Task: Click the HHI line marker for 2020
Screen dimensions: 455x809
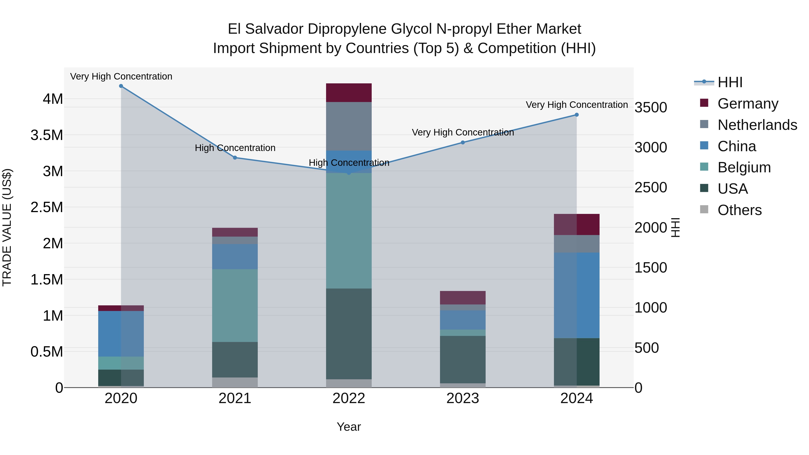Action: pyautogui.click(x=121, y=86)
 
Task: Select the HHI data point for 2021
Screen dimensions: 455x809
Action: pyautogui.click(x=235, y=158)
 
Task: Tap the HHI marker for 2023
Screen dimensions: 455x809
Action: pyautogui.click(x=463, y=142)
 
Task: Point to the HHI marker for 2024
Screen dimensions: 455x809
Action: pyautogui.click(x=577, y=115)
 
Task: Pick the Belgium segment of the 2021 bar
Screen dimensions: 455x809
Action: pyautogui.click(x=235, y=305)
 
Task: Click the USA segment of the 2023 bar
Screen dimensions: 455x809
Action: pyautogui.click(x=463, y=360)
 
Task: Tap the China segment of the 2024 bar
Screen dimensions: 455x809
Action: pyautogui.click(x=577, y=295)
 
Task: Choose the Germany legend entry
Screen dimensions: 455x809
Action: pyautogui.click(x=748, y=104)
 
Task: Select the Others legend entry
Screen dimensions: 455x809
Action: pyautogui.click(x=740, y=210)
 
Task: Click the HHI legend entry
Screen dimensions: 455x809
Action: pyautogui.click(x=730, y=82)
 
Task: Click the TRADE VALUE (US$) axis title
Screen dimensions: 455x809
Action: pyautogui.click(x=7, y=227)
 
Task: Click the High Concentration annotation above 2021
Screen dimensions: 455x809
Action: pyautogui.click(x=235, y=148)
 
